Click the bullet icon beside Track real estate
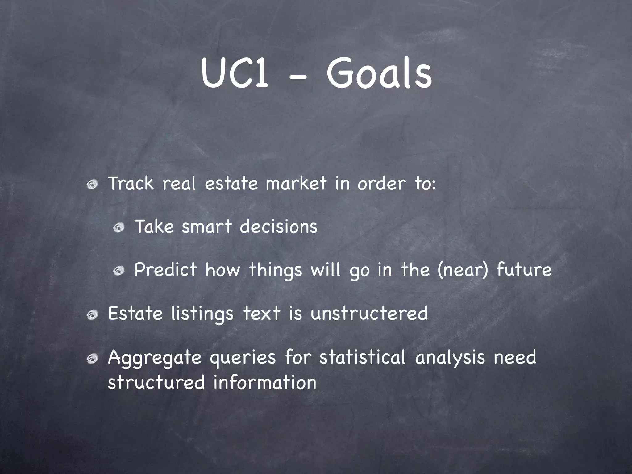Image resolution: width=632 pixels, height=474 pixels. [92, 185]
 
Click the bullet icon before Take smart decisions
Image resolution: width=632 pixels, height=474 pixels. [118, 228]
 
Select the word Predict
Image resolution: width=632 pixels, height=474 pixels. [165, 269]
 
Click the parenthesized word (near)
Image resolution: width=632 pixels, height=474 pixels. [463, 269]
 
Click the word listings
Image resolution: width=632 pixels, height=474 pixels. [202, 314]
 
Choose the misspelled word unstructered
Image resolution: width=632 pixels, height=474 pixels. [369, 313]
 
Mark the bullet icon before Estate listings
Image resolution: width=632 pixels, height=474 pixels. [92, 315]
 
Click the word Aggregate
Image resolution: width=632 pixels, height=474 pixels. [155, 358]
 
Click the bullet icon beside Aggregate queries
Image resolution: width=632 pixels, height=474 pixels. [92, 359]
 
